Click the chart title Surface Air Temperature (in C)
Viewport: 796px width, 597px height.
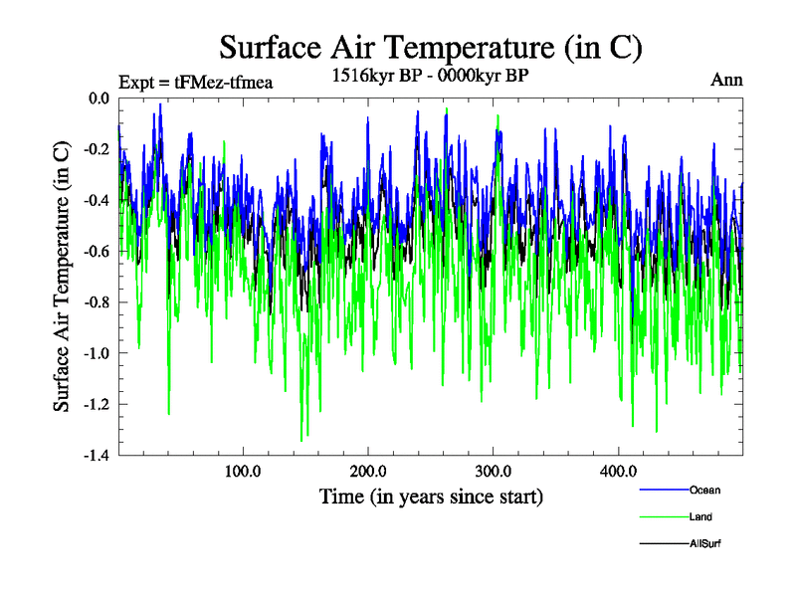tap(430, 47)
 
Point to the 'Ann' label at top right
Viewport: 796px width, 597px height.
tap(726, 80)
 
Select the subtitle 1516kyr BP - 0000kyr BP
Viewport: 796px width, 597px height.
tap(429, 77)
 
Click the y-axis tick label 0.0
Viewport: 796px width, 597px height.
tap(99, 99)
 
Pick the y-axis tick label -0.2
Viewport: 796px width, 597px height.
tap(97, 149)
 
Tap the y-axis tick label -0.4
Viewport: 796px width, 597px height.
tap(97, 200)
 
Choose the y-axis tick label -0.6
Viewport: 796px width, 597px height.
tap(97, 252)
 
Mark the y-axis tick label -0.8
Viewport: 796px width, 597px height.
tap(97, 302)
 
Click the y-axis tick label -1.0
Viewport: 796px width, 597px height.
tap(97, 353)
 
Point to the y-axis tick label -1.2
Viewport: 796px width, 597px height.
tap(97, 404)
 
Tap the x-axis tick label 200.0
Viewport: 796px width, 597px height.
tap(368, 472)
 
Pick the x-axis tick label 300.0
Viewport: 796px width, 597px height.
tap(494, 472)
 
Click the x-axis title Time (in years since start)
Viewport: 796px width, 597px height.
tap(431, 496)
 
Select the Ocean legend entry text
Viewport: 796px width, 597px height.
tap(704, 490)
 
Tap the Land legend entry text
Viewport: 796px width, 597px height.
tap(700, 516)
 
